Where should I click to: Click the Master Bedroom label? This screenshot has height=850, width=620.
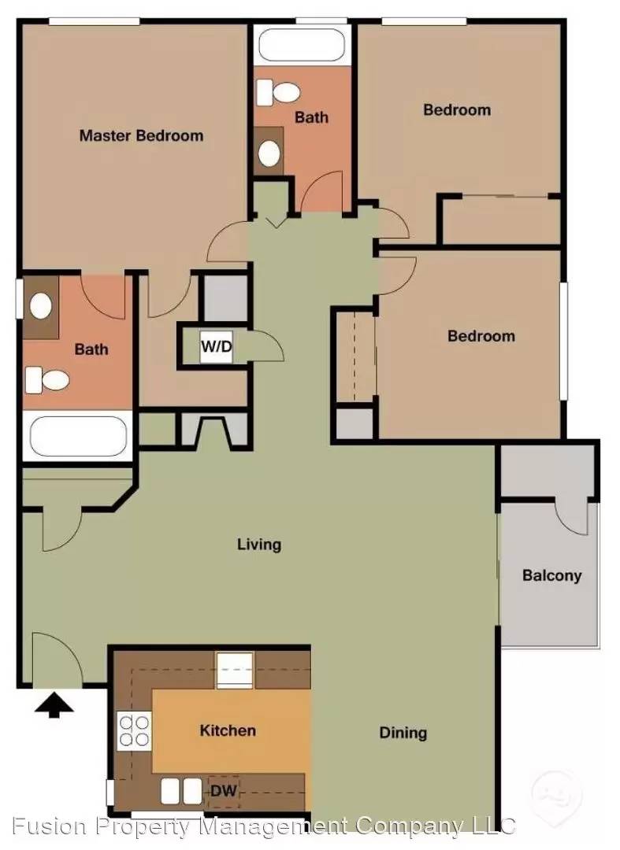(x=141, y=135)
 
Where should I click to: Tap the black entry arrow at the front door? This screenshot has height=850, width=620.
(x=54, y=706)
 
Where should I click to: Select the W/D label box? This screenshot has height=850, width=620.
(x=216, y=346)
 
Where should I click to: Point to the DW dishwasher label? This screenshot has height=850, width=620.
(x=224, y=791)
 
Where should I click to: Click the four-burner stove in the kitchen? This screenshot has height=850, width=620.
(x=133, y=730)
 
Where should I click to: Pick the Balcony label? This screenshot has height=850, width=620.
(x=551, y=575)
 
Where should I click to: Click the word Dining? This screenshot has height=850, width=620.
(x=403, y=734)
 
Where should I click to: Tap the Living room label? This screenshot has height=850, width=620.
(x=258, y=545)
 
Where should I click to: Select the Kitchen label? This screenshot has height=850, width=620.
(x=228, y=730)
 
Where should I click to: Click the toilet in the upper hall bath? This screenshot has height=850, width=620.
(x=278, y=93)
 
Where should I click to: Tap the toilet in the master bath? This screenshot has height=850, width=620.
(x=47, y=380)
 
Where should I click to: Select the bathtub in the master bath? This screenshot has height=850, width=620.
(x=78, y=437)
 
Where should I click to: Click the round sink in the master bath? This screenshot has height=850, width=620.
(x=41, y=305)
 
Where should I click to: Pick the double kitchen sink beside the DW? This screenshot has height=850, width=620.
(x=181, y=792)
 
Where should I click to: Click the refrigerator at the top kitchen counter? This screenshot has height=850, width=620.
(x=235, y=670)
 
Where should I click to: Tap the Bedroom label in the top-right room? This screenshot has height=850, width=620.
(x=457, y=110)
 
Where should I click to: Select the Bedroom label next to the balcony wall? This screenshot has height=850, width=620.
(x=481, y=336)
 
